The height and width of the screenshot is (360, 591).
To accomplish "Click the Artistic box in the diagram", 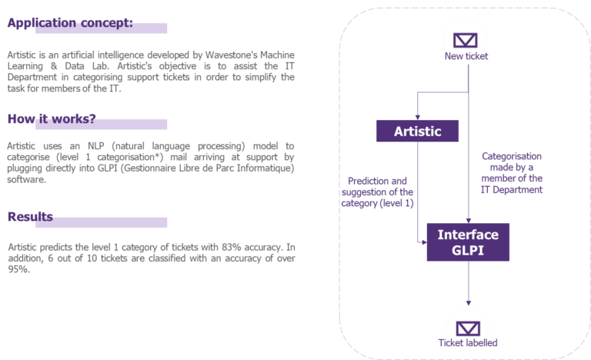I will point(418,131).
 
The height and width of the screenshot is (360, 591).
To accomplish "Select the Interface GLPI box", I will point(468,242).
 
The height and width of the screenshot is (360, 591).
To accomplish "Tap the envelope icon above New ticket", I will point(466,40).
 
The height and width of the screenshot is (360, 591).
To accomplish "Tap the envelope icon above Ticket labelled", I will point(468,326).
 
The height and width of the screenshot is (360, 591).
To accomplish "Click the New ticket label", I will point(466,56).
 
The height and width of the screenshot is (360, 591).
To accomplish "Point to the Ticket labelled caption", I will point(468,343).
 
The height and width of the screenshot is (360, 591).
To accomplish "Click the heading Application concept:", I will point(70,23).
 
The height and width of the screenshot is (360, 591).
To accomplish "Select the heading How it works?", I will point(52,118).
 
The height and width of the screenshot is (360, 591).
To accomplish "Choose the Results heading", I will point(30,217).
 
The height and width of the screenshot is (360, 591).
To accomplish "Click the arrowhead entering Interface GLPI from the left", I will point(422,242).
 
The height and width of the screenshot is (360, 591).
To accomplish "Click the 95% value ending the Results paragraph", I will point(17,268).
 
